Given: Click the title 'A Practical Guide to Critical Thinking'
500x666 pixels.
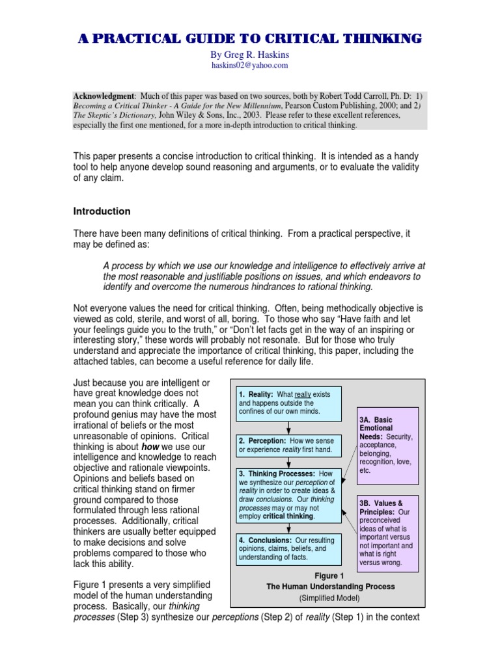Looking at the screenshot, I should click(x=250, y=39).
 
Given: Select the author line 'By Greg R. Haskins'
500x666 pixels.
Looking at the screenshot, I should click(x=250, y=56).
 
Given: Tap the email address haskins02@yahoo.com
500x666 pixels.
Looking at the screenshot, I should click(x=250, y=66).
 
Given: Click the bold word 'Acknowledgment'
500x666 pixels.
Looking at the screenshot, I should click(x=100, y=95).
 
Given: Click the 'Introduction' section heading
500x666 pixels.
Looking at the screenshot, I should click(x=102, y=211).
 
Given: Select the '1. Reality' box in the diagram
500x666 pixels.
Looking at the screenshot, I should click(x=288, y=404).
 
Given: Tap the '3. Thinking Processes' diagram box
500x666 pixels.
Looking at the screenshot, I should click(x=288, y=494).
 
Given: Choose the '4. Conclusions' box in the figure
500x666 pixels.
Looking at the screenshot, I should click(x=288, y=548).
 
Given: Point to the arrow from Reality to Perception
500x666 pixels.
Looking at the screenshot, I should click(x=288, y=427).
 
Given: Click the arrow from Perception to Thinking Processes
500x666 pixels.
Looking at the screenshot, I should click(x=288, y=461).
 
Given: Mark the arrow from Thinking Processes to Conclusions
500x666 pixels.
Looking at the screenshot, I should click(x=288, y=528).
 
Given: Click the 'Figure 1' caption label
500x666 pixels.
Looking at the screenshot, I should click(x=328, y=576).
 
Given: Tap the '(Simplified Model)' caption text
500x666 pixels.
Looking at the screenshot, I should click(x=328, y=598).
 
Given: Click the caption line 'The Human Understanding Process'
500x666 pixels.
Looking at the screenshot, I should click(x=328, y=587).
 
